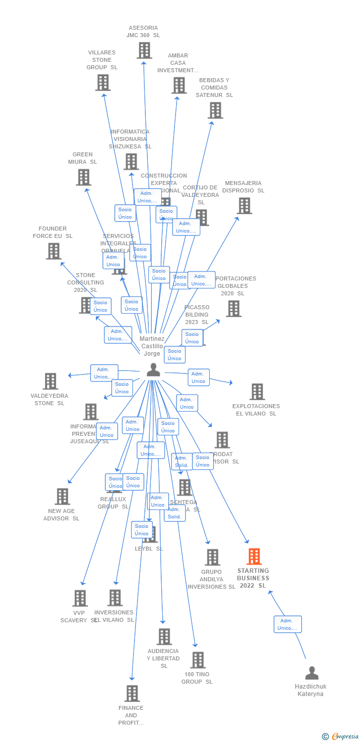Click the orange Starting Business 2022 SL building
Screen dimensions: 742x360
pos(254,556)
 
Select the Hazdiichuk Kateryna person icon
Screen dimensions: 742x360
pos(312,673)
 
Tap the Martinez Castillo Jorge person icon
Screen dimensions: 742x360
pos(153,370)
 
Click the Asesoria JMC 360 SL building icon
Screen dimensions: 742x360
pos(144,50)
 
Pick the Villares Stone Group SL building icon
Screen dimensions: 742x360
pos(102,83)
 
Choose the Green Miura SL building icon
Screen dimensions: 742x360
pos(83,177)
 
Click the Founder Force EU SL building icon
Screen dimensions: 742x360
pos(53,251)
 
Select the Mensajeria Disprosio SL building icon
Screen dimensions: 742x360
pos(244,206)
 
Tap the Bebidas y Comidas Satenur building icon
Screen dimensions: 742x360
pos(215,110)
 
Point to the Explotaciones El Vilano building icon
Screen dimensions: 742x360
pos(257,391)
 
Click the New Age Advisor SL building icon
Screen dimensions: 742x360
pos(62,496)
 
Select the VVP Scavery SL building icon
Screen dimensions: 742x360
pos(80,598)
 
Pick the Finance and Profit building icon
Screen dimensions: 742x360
pos(132,694)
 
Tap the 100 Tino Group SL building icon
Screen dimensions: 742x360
pos(197,660)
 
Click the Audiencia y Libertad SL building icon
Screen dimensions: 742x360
pos(164,637)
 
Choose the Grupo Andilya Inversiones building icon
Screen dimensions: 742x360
pos(212,557)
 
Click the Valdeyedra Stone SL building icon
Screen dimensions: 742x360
pos(50,381)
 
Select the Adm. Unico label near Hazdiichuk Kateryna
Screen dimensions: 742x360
pos(287,624)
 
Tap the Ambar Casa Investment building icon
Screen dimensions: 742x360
pos(179,85)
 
